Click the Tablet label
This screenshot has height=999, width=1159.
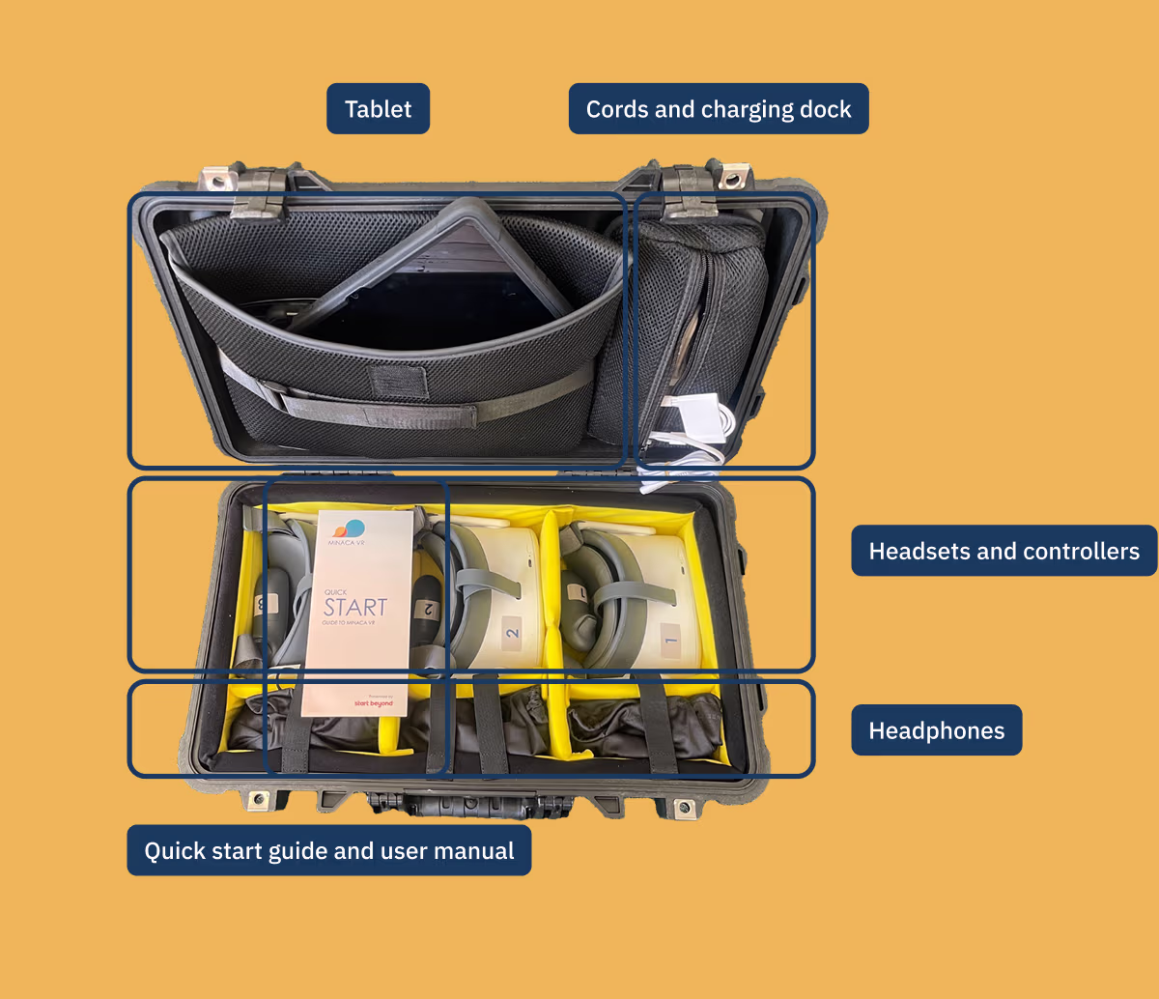[378, 109]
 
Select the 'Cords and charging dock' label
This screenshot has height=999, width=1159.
[719, 109]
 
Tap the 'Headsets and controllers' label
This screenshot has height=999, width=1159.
[1004, 551]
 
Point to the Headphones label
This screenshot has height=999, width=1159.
[936, 730]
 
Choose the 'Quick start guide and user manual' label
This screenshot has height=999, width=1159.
[328, 850]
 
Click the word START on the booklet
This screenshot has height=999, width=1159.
[354, 607]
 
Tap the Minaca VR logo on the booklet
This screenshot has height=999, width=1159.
[349, 530]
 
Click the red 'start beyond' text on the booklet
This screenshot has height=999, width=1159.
[374, 702]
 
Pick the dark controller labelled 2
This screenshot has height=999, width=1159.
[426, 611]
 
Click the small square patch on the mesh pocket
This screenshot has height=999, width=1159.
[402, 379]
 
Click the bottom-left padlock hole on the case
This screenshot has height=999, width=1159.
[258, 800]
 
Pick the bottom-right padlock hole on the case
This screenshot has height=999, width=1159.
[684, 806]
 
